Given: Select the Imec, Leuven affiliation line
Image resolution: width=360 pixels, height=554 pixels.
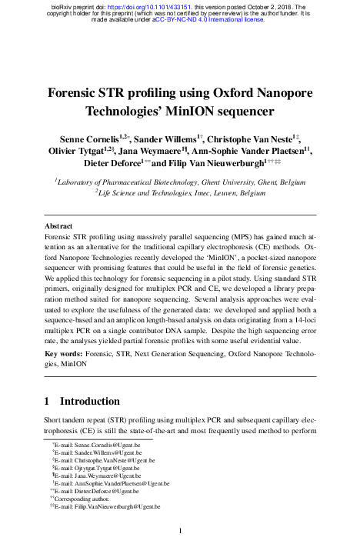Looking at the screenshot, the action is click(180, 194).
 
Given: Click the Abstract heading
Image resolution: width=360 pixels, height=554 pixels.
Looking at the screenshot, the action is click(58, 227).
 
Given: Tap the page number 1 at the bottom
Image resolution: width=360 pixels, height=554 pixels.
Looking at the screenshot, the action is click(180, 530).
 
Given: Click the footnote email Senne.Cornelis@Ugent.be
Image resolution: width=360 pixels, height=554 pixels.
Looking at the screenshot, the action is click(97, 446).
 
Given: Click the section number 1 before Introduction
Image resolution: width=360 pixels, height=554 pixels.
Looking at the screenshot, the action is click(48, 401).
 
